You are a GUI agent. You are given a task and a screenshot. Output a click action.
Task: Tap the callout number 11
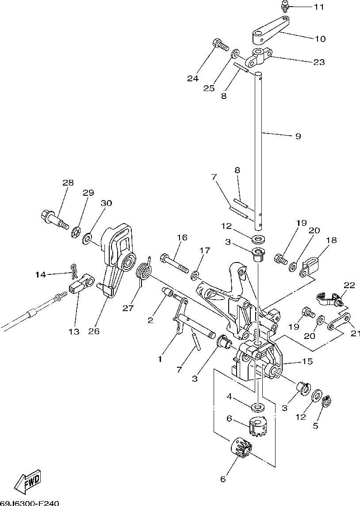pyautogui.click(x=319, y=7)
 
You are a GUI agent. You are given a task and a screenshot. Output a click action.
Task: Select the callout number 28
pyautogui.click(x=68, y=183)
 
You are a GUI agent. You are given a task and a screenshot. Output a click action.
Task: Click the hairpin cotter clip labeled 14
pyautogui.click(x=74, y=268)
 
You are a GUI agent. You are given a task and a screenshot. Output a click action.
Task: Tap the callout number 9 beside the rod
pyautogui.click(x=298, y=136)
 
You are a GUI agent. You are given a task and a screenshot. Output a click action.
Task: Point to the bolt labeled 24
pyautogui.click(x=219, y=44)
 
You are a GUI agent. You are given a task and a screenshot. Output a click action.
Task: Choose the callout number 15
pyautogui.click(x=307, y=361)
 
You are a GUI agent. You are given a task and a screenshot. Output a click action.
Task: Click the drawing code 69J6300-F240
pyautogui.click(x=29, y=502)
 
